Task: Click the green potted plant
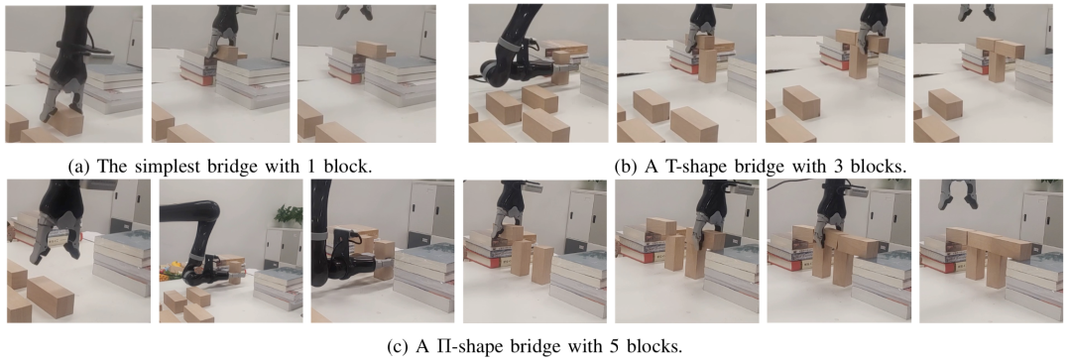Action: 289,216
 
